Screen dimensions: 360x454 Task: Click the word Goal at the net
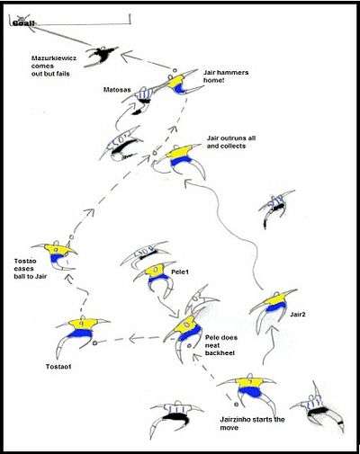(23, 22)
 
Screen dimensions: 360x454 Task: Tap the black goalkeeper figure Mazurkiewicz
(101, 56)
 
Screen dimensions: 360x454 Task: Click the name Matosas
(117, 90)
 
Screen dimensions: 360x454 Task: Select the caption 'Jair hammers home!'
(226, 76)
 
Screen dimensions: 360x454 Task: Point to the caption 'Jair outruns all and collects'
(231, 142)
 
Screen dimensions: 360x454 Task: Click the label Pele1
(180, 272)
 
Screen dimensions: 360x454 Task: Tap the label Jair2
(298, 315)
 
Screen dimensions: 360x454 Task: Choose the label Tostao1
(58, 366)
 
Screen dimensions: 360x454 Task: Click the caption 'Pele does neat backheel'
(221, 345)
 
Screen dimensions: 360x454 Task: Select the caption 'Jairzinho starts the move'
(252, 423)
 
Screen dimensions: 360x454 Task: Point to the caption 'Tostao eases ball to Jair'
(31, 269)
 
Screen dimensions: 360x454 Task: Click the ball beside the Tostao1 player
(94, 343)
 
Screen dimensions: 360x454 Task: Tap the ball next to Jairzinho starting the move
(236, 405)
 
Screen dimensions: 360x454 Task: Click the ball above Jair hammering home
(175, 70)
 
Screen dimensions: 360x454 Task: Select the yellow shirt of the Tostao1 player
(83, 324)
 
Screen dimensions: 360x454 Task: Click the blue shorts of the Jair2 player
(276, 307)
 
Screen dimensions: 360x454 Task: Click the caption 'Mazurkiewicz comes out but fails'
(54, 66)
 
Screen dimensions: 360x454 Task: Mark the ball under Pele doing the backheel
(189, 345)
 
